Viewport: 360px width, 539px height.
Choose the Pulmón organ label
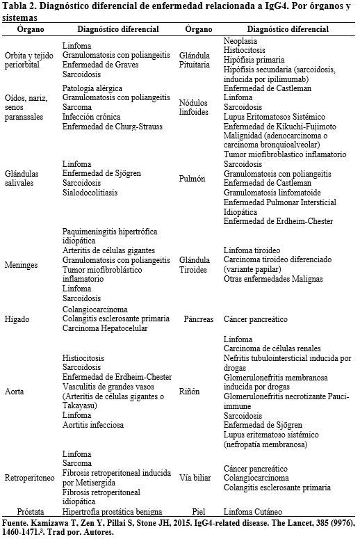[192, 178]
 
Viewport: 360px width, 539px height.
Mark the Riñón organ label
[191, 391]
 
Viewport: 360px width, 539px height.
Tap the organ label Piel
[199, 511]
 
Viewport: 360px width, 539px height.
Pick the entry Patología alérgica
[92, 88]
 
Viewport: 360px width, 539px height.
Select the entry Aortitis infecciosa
[94, 425]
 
